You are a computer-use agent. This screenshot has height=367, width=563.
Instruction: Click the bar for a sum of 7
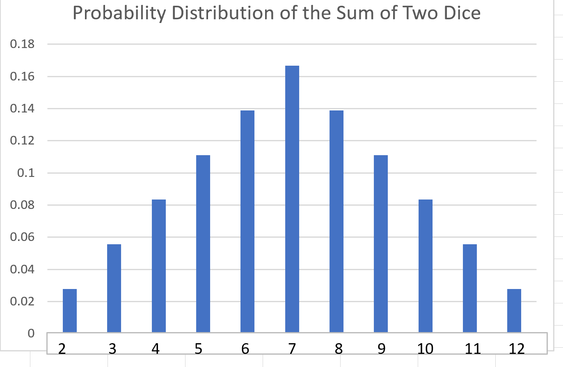pyautogui.click(x=292, y=199)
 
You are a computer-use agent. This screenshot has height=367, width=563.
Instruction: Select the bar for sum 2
pyautogui.click(x=70, y=311)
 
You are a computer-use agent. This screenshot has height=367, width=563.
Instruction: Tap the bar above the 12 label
pyautogui.click(x=514, y=311)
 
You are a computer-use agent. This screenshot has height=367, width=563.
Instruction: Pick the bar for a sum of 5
pyautogui.click(x=203, y=244)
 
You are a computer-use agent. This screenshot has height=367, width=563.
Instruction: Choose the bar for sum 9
pyautogui.click(x=381, y=244)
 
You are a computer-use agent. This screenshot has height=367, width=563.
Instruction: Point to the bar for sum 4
pyautogui.click(x=159, y=266)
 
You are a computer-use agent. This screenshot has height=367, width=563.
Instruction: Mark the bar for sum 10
pyautogui.click(x=426, y=266)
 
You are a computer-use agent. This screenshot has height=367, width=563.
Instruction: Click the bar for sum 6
pyautogui.click(x=247, y=221)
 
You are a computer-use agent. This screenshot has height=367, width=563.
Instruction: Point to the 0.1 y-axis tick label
pyautogui.click(x=25, y=173)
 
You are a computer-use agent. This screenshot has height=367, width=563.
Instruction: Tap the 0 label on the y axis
pyautogui.click(x=31, y=333)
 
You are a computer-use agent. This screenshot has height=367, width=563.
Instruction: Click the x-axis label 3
pyautogui.click(x=112, y=349)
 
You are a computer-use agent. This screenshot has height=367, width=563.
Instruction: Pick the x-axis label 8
pyautogui.click(x=338, y=349)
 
